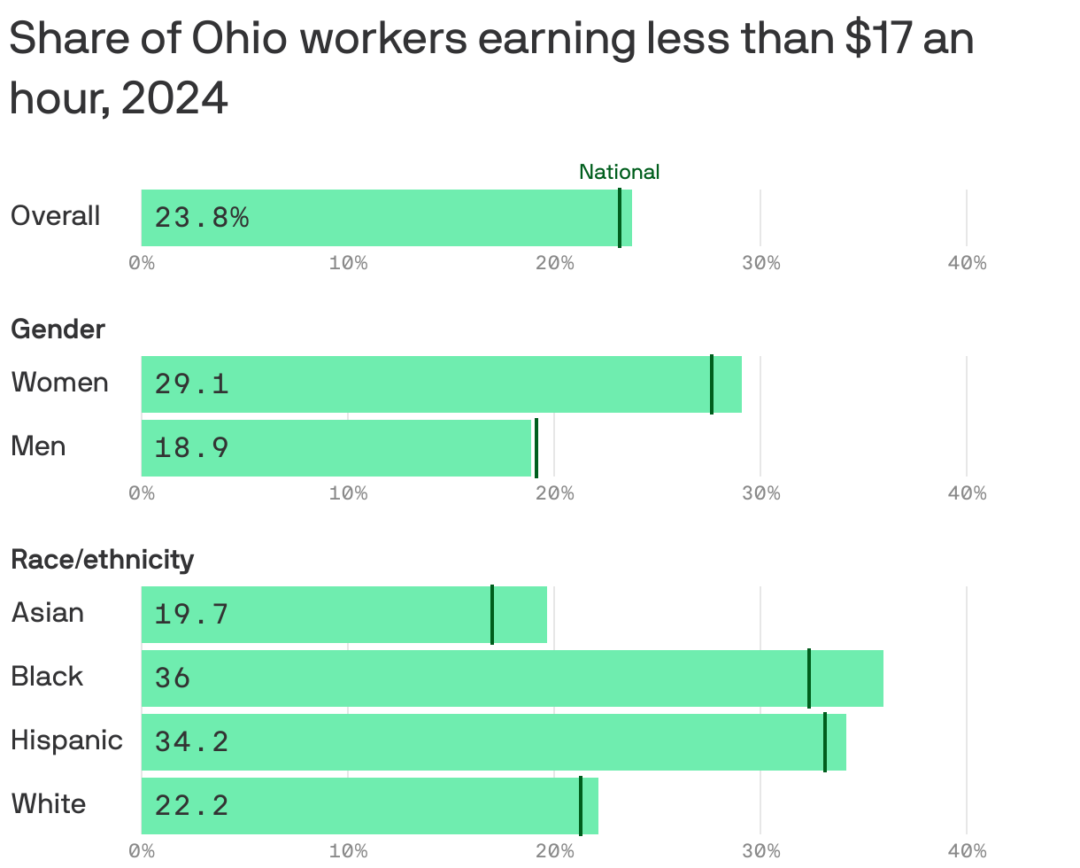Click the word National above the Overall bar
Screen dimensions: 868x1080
619,172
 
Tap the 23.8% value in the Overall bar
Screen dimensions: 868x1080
202,217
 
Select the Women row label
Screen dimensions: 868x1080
59,383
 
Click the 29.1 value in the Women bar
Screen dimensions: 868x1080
191,384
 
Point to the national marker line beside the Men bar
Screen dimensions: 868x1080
536,447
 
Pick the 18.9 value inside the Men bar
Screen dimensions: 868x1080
191,447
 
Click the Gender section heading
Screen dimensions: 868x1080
58,329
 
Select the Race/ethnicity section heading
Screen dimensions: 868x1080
102,560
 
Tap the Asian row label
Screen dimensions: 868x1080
48,613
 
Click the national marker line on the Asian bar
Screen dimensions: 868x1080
492,614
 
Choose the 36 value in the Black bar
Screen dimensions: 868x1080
173,678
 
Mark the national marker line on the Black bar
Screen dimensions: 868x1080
808,678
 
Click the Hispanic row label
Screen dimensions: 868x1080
66,740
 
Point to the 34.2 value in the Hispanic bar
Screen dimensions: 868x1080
191,741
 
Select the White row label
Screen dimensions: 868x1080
49,804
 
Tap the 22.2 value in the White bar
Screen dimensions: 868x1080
191,805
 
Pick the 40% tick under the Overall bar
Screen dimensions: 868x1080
967,263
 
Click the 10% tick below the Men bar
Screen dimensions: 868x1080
348,493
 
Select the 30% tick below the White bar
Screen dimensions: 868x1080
760,851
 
